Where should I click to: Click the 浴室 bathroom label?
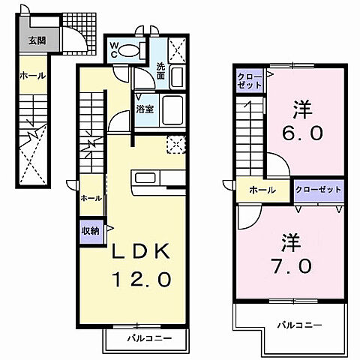click(x=144, y=108)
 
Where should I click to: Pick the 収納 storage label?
click(x=91, y=230)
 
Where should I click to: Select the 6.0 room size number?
click(x=304, y=133)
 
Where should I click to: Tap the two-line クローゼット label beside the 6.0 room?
click(x=250, y=81)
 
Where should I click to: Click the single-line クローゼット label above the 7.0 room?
click(x=319, y=189)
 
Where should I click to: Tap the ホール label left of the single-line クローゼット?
click(x=260, y=190)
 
